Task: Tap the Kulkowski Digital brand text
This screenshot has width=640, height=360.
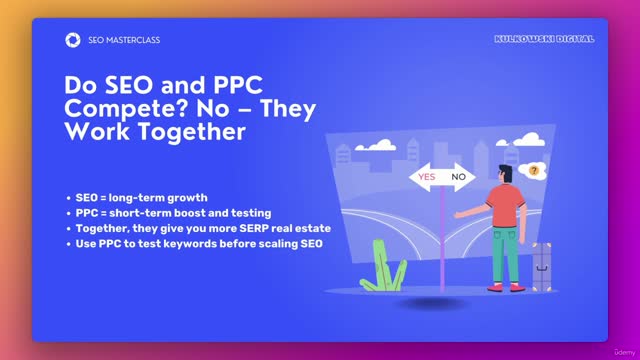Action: [544, 39]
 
